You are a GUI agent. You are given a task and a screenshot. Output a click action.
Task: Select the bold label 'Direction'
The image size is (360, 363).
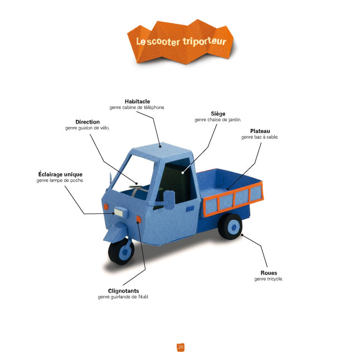[x=87, y=121]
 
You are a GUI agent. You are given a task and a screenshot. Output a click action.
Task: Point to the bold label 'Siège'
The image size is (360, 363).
[x=218, y=114]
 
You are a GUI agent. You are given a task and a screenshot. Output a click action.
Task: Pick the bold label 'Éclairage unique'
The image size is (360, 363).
[x=59, y=174]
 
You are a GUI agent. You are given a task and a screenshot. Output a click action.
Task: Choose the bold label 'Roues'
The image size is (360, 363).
[x=269, y=273]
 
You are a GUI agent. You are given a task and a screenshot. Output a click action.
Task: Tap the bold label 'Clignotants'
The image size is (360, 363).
[x=123, y=291]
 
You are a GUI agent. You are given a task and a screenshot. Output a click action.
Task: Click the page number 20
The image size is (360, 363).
[x=181, y=347]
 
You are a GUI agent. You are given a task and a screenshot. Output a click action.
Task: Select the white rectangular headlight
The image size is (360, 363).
[x=119, y=212]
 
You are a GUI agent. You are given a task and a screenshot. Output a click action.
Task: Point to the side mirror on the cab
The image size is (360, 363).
[x=168, y=195]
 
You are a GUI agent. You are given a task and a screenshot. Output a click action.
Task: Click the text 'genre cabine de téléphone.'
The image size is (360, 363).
[x=137, y=107]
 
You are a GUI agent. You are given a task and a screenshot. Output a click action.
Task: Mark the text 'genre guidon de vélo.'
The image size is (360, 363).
[x=87, y=127]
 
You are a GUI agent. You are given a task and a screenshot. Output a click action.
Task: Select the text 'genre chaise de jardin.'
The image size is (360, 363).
[x=218, y=120]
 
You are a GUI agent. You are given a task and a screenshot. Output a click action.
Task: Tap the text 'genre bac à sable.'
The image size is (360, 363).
[x=260, y=137]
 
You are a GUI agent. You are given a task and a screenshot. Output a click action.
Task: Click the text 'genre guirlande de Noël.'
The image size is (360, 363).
[x=123, y=297]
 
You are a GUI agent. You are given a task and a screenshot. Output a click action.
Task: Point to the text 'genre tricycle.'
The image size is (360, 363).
[x=268, y=279]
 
